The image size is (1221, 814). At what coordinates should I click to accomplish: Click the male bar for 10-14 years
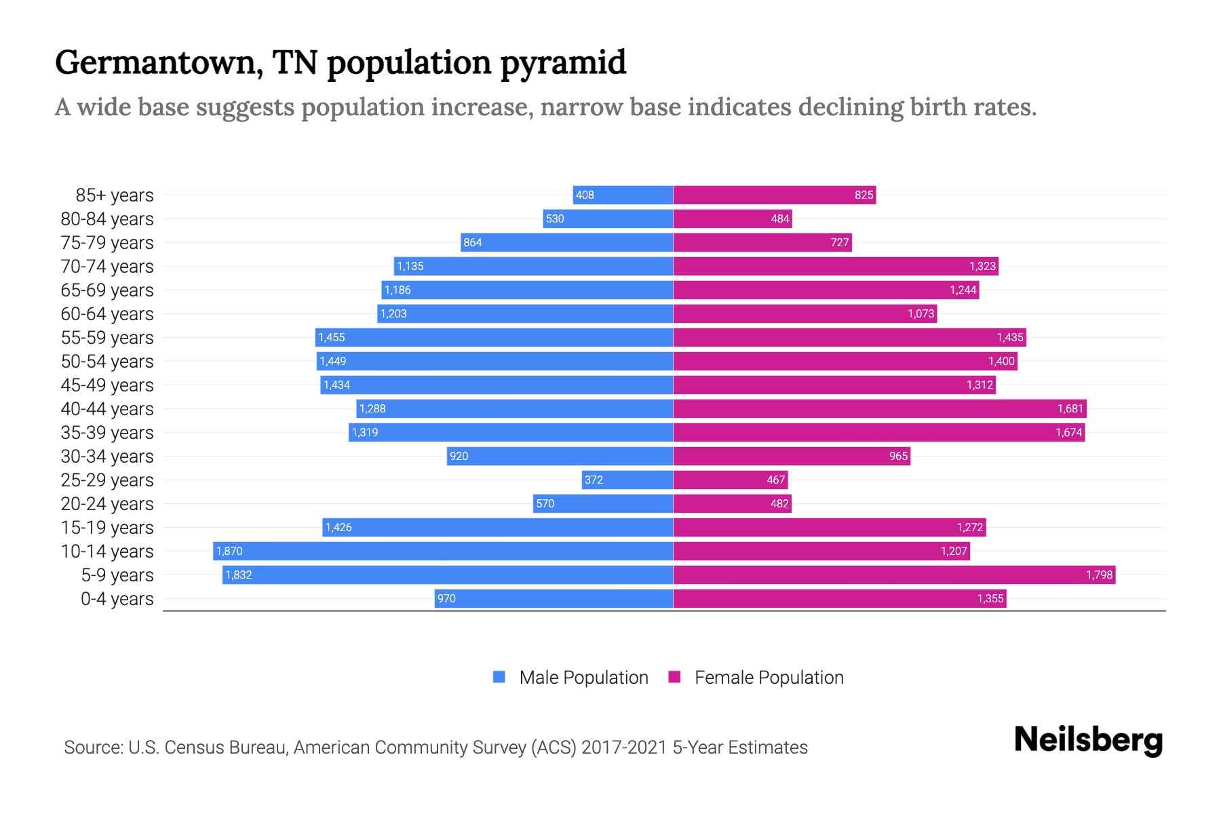443,551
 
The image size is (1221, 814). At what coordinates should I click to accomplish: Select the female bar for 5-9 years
894,575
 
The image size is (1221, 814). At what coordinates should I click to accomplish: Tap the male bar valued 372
627,480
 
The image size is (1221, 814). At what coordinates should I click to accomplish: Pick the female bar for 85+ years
774,195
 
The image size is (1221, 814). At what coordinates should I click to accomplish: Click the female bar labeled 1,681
880,408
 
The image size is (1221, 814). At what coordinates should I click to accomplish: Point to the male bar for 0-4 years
554,598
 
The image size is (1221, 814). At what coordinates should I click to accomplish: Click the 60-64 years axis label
107,314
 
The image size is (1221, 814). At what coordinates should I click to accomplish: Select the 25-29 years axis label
107,480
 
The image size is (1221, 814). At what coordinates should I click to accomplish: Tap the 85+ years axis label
115,195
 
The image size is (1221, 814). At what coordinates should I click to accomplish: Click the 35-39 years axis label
107,433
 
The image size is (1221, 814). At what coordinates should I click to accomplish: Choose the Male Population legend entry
583,678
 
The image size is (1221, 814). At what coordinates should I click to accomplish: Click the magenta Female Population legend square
674,677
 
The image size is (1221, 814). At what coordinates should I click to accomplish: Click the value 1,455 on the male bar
332,337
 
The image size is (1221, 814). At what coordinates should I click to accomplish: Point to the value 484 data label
780,218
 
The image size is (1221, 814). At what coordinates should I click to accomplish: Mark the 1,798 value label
1099,575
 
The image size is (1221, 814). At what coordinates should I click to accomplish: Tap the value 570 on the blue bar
545,503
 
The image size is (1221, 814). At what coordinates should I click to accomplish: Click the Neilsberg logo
1088,740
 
